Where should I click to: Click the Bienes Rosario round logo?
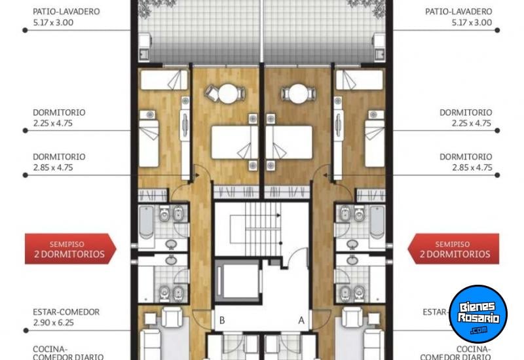(478, 314)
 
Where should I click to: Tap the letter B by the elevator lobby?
(223, 321)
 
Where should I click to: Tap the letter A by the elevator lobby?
(302, 321)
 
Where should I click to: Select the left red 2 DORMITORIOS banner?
(69, 249)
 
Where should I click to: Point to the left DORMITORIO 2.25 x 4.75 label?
(59, 117)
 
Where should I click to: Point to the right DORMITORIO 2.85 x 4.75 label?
(465, 162)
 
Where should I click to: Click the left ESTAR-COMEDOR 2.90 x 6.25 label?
(65, 317)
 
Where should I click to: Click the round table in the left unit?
(227, 94)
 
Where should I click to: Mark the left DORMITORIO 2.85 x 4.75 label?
(59, 162)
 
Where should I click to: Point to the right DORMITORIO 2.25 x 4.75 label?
(465, 117)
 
